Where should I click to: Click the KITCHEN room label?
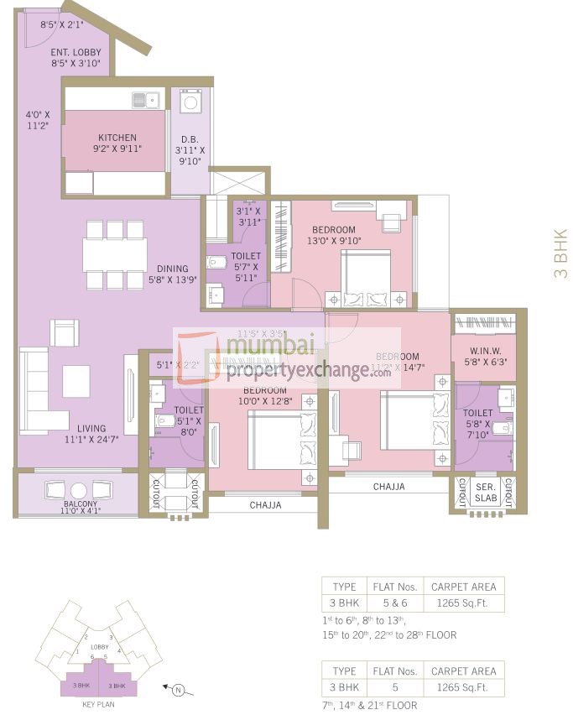pyautogui.click(x=117, y=138)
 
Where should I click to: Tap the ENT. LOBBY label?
pyautogui.click(x=76, y=52)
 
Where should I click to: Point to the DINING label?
pyautogui.click(x=172, y=269)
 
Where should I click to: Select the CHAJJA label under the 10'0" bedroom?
pyautogui.click(x=265, y=505)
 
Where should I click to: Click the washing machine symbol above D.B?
pyautogui.click(x=190, y=103)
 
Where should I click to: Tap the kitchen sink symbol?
pyautogui.click(x=146, y=100)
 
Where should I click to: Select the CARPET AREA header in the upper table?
pyautogui.click(x=462, y=587)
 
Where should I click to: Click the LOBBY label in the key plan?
pyautogui.click(x=100, y=647)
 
